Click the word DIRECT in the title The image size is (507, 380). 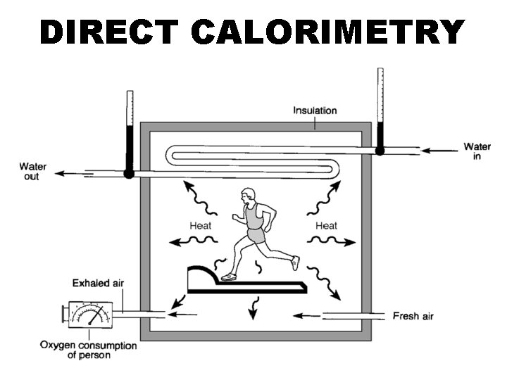tap(109, 32)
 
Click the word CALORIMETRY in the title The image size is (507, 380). tap(328, 32)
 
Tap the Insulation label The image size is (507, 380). tap(315, 110)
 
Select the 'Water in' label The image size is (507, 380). tap(477, 151)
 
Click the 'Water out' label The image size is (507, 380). tap(32, 172)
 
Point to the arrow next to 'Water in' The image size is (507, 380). tap(439, 151)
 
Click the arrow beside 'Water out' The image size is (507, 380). tap(74, 174)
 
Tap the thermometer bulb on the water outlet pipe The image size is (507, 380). tap(129, 174)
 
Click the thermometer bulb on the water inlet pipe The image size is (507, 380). tap(380, 151)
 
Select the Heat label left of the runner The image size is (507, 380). tap(201, 226)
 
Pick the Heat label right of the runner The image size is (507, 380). tap(326, 226)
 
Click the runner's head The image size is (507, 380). tap(248, 196)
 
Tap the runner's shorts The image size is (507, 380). tap(256, 236)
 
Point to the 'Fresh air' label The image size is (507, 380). tap(413, 316)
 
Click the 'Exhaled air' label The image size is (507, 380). tap(98, 284)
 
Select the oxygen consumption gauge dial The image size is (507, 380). tap(90, 315)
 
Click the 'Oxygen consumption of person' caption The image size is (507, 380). tap(88, 350)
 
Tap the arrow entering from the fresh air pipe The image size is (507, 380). tap(306, 316)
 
